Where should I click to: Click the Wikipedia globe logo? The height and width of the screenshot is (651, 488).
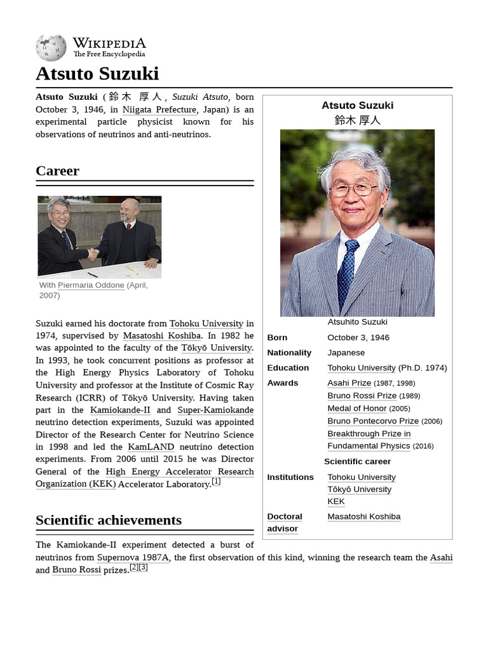(51, 48)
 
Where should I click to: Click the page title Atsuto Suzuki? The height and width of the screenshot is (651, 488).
(97, 74)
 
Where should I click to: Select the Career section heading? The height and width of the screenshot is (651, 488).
(58, 171)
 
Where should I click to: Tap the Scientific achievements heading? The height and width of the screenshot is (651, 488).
(109, 520)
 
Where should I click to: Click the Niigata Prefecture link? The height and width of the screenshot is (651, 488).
(159, 109)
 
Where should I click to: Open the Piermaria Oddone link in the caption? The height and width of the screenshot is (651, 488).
(91, 285)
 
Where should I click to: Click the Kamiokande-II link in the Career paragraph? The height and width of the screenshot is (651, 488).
(120, 410)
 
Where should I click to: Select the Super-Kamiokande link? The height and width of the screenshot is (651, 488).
(215, 410)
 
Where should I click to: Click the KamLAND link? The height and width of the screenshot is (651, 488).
(151, 447)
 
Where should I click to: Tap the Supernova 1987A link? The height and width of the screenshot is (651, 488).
(133, 558)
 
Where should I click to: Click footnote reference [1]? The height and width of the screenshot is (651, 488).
(216, 481)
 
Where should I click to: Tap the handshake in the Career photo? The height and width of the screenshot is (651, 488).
(93, 254)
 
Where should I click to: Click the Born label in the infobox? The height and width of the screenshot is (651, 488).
(277, 338)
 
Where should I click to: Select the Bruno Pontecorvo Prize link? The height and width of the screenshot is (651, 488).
(373, 421)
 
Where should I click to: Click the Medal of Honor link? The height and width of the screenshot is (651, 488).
(356, 408)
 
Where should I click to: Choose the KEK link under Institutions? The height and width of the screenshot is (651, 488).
(336, 502)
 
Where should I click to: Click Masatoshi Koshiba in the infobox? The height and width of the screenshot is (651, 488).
(363, 517)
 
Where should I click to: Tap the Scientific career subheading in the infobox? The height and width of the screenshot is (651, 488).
(357, 462)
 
